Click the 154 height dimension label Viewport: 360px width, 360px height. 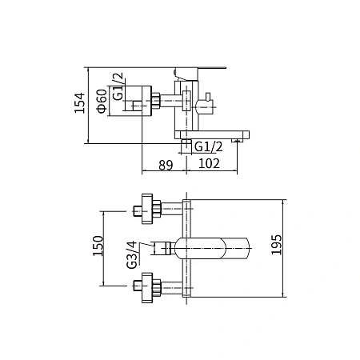tap(80, 103)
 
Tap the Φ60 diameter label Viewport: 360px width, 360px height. tap(102, 101)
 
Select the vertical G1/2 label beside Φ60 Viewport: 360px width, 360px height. tap(118, 86)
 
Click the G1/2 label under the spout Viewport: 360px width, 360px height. tap(208, 147)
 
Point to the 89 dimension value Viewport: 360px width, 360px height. tap(166, 165)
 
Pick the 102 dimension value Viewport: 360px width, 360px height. tap(209, 163)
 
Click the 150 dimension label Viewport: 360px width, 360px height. tap(98, 246)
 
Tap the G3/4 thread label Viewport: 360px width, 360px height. tap(132, 255)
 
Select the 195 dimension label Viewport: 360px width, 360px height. tap(276, 245)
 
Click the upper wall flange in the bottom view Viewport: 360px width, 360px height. tap(147, 209)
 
